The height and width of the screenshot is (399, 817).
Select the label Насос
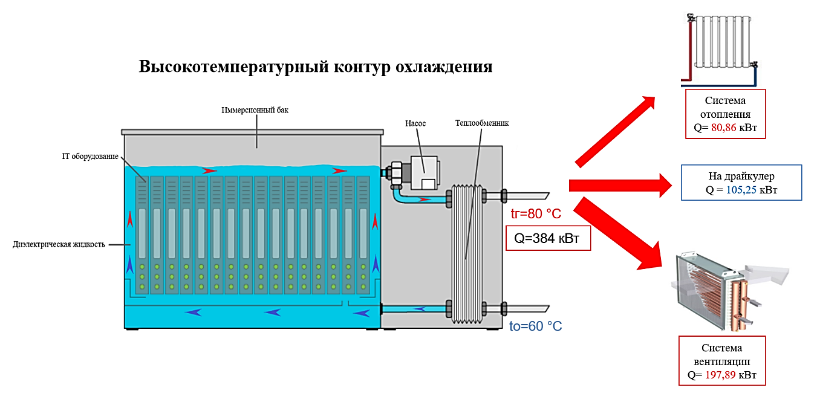pos(415,123)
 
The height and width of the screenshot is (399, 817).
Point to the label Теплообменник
pos(481,123)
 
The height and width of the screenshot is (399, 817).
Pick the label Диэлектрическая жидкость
pos(59,245)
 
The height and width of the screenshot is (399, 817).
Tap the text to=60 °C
pos(535,326)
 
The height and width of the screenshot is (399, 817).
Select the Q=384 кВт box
pos(547,239)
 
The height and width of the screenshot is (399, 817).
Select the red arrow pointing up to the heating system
pos(617,130)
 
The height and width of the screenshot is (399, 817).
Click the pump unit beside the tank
pos(422,173)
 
